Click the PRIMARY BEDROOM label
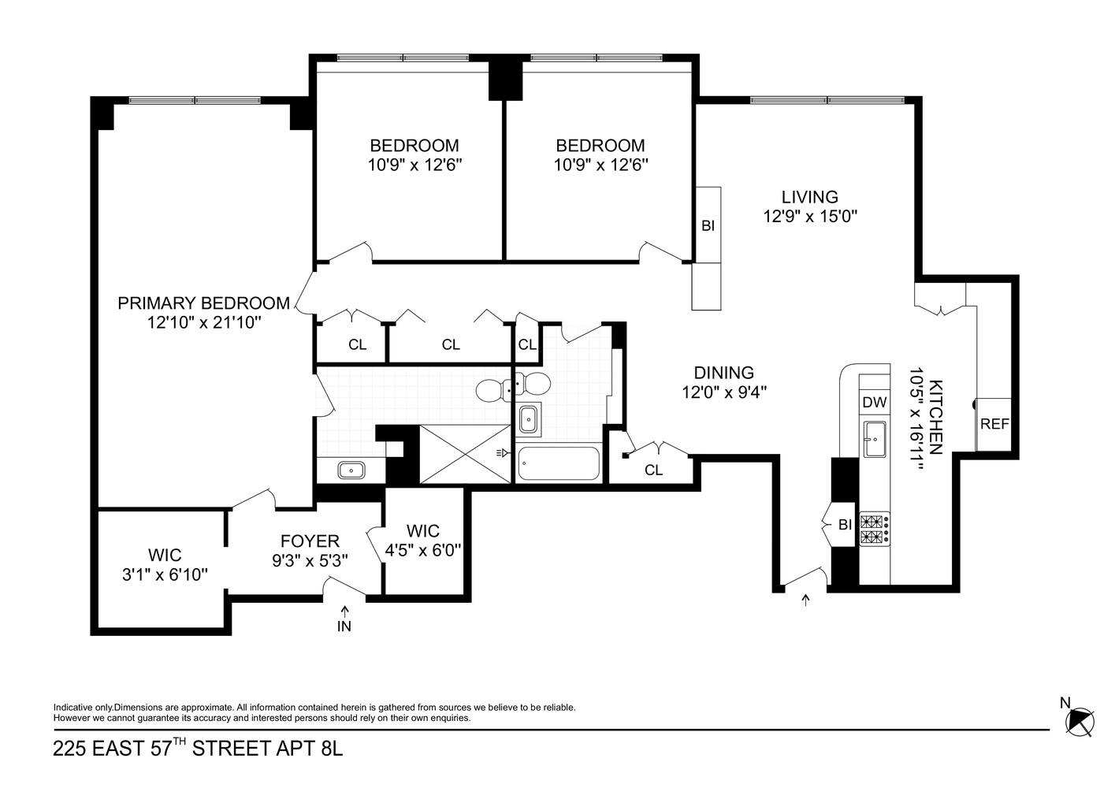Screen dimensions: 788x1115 [203, 303]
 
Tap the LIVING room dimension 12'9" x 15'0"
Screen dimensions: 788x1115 [809, 217]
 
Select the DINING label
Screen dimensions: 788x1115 [723, 373]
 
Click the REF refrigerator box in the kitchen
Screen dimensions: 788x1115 [994, 424]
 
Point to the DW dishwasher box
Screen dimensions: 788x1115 [874, 402]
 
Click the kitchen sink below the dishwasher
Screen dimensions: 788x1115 [874, 438]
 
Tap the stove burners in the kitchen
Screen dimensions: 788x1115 [873, 529]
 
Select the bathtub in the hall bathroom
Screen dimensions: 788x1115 [558, 464]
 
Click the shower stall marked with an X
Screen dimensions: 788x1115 [465, 453]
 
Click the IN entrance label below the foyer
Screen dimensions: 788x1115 [344, 626]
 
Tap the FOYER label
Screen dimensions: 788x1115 [310, 541]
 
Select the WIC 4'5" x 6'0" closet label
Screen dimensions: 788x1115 [422, 541]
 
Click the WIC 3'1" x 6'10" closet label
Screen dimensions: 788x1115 [165, 565]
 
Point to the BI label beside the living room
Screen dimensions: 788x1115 [708, 225]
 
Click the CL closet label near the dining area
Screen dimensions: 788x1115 [653, 470]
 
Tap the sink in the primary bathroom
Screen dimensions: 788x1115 [351, 470]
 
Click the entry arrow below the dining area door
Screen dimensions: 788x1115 [805, 601]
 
